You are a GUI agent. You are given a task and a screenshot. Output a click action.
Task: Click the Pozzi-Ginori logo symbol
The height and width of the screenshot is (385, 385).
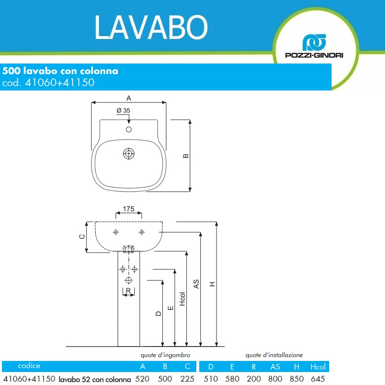(x=314, y=42)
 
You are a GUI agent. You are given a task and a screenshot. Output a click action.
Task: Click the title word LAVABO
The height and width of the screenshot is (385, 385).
(x=151, y=27)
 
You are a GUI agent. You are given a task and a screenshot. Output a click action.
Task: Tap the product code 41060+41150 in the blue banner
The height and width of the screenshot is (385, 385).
(x=60, y=82)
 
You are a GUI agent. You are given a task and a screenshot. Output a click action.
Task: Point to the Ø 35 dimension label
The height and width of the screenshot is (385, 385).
(x=123, y=111)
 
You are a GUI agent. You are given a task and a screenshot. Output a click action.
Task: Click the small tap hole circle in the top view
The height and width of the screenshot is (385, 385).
(x=128, y=129)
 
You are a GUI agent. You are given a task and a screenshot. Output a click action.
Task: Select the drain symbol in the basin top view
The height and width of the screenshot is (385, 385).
(x=128, y=154)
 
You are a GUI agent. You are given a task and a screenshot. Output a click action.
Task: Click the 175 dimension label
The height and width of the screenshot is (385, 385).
(x=128, y=209)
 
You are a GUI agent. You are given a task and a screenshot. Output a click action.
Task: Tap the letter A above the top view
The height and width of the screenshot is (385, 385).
(x=128, y=98)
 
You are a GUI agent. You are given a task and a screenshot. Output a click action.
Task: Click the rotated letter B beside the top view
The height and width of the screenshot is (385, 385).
(x=186, y=155)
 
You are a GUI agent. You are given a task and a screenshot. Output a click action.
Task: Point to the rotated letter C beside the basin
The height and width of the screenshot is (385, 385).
(x=82, y=236)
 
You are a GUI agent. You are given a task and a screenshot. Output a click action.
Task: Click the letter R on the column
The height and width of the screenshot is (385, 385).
(x=128, y=291)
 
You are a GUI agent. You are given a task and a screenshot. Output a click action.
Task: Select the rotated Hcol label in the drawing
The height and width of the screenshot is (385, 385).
(x=182, y=299)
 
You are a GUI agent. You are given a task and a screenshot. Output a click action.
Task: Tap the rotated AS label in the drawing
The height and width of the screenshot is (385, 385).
(x=196, y=284)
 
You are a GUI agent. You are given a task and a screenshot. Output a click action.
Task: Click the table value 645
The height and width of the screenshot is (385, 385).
(x=318, y=379)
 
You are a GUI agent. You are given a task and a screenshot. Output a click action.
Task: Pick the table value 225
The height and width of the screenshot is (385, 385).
(x=187, y=379)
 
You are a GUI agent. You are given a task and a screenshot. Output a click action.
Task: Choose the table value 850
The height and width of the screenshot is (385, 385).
(x=296, y=379)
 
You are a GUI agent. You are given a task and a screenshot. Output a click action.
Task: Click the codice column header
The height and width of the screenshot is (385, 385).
(x=29, y=366)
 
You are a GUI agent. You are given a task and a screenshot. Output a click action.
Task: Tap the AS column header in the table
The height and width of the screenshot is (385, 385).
(x=275, y=367)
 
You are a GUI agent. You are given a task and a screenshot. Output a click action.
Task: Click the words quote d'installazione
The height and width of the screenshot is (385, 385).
(x=274, y=355)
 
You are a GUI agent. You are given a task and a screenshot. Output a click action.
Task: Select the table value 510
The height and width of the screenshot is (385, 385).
(x=211, y=379)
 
